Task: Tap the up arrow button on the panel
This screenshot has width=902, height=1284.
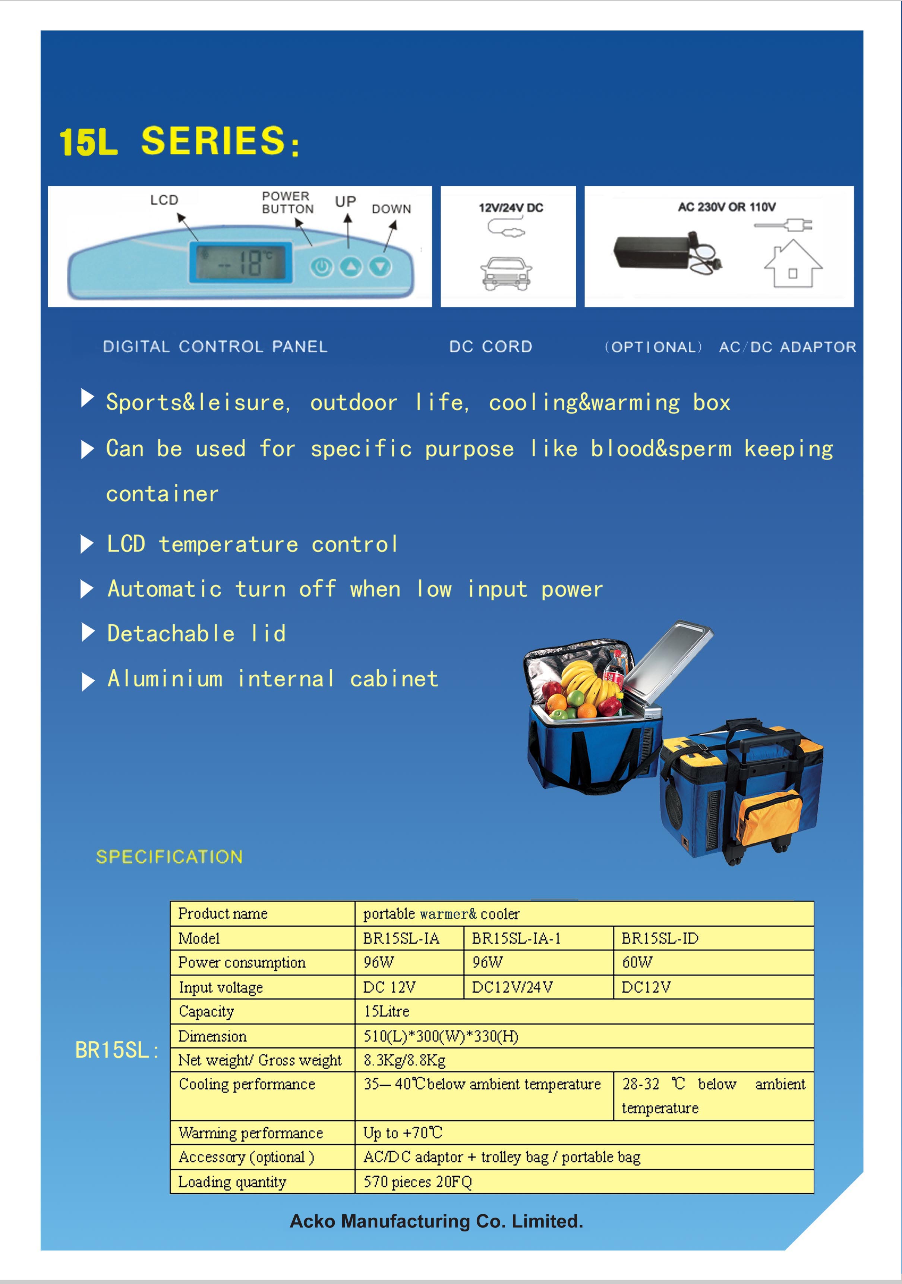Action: [x=351, y=267]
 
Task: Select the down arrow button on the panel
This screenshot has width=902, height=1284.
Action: [x=380, y=267]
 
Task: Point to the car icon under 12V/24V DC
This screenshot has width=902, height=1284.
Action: [x=506, y=274]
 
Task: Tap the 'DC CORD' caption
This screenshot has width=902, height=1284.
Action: [x=491, y=347]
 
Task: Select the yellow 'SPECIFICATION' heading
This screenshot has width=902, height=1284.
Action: [x=170, y=857]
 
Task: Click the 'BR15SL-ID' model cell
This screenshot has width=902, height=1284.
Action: [x=660, y=938]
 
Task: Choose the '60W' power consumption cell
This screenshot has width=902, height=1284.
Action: [x=637, y=962]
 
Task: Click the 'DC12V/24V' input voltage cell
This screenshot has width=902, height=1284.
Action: [x=512, y=987]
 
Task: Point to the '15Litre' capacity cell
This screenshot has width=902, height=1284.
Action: [x=387, y=1011]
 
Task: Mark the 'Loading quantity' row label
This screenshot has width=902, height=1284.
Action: [x=232, y=1182]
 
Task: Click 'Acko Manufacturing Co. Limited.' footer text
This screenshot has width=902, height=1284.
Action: [x=436, y=1221]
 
